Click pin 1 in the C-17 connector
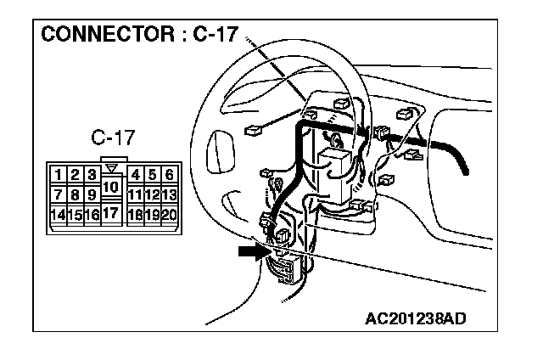[58, 176]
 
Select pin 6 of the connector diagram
[170, 176]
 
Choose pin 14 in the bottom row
[58, 215]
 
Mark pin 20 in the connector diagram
[170, 215]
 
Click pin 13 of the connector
[170, 195]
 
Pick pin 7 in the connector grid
[58, 195]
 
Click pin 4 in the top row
[136, 176]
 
